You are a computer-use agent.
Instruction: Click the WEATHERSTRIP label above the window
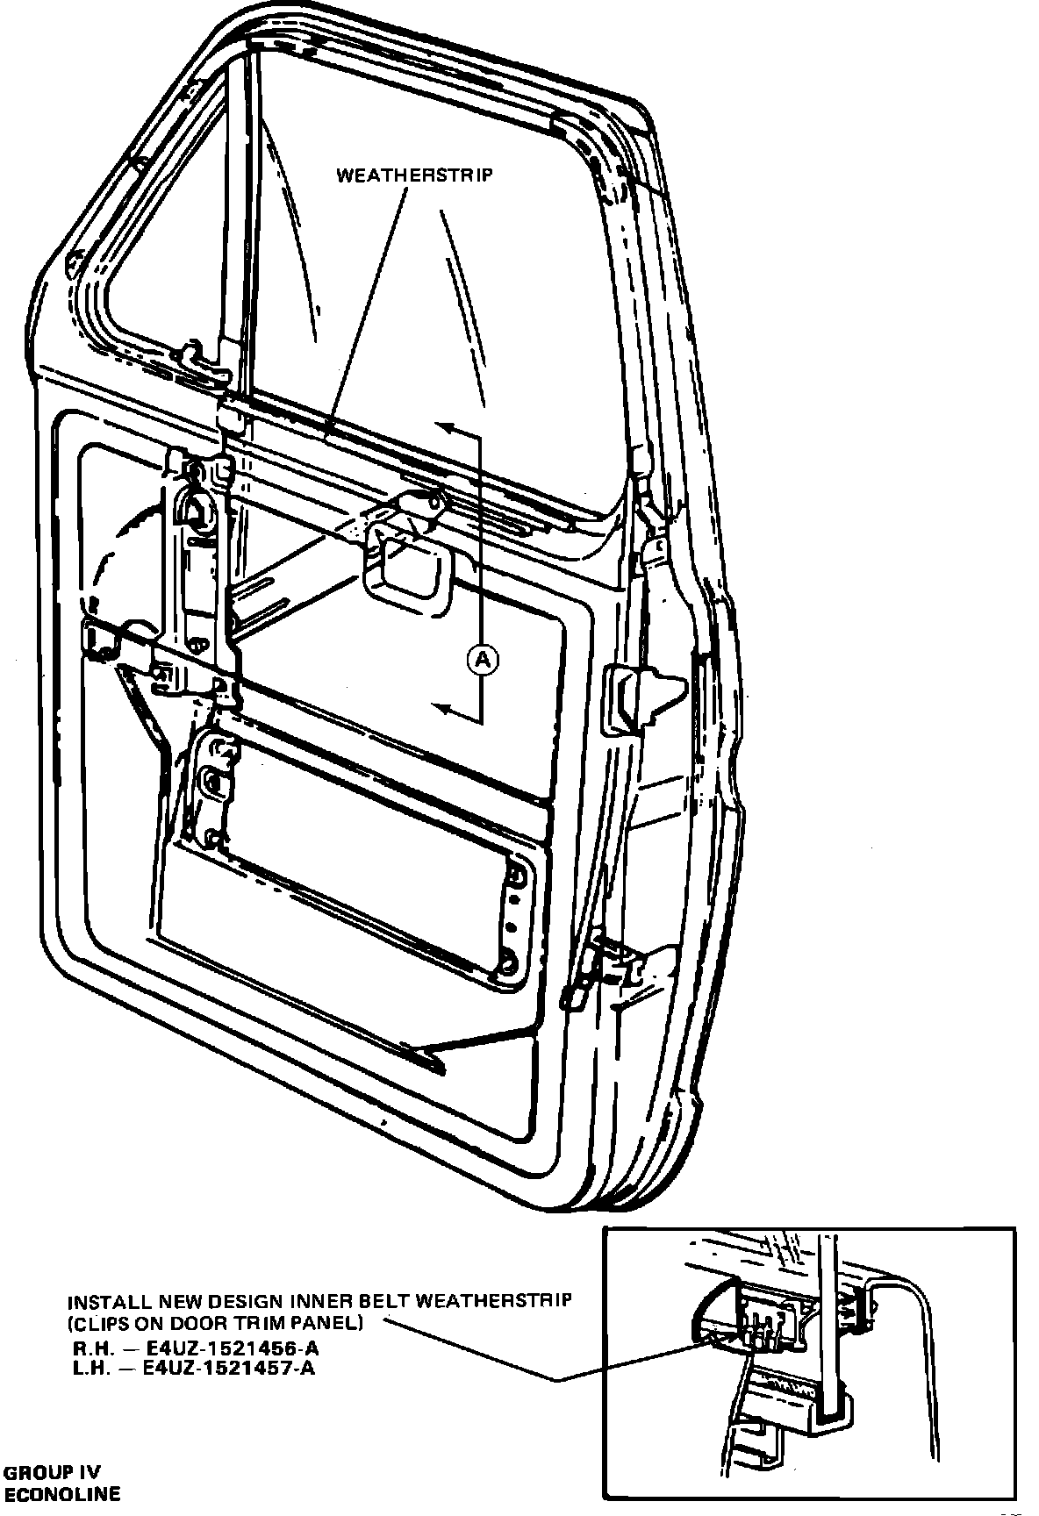click(415, 175)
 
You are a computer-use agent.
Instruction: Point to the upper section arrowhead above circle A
click(445, 428)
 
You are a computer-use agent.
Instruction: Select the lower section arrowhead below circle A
click(445, 710)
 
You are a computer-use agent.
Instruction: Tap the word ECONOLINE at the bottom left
click(62, 1493)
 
